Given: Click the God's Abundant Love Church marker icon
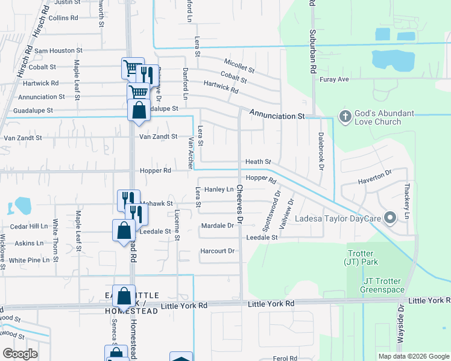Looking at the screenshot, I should pyautogui.click(x=345, y=116).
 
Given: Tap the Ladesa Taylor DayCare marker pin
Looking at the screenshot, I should pyautogui.click(x=390, y=217).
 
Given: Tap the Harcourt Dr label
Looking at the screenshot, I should pyautogui.click(x=218, y=251).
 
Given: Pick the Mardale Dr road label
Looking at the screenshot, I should pyautogui.click(x=218, y=226).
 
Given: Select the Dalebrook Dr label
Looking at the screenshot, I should pyautogui.click(x=321, y=151).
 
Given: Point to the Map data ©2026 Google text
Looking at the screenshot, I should pyautogui.click(x=413, y=356).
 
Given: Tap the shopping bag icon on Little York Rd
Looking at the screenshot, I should pyautogui.click(x=124, y=297).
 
